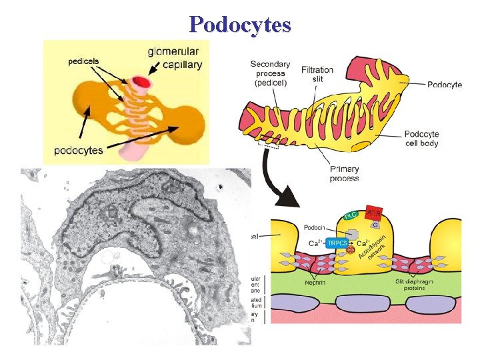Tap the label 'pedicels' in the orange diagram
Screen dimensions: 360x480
83,61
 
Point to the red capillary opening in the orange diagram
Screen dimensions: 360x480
141,83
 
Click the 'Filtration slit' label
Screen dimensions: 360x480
317,74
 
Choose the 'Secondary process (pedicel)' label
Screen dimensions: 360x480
269,73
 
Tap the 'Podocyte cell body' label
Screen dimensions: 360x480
427,138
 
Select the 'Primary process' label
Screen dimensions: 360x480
344,173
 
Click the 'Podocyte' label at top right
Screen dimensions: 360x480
444,85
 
